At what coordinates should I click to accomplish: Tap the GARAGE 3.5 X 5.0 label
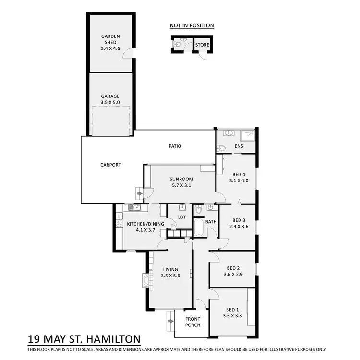click(x=110, y=99)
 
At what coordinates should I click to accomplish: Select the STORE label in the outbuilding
click(x=202, y=45)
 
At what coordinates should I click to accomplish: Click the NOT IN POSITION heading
click(x=192, y=25)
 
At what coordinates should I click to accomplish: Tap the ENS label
click(x=239, y=147)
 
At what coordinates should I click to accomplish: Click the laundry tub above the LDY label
click(x=182, y=207)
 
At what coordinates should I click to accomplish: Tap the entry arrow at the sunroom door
click(x=140, y=193)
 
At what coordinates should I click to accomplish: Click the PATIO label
click(x=174, y=146)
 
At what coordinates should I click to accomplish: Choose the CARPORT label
click(x=110, y=165)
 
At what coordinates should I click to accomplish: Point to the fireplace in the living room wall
click(x=145, y=280)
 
